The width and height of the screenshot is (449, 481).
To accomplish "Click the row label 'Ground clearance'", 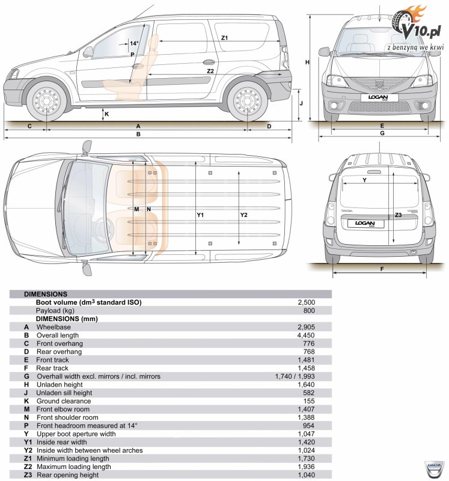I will click(64, 401).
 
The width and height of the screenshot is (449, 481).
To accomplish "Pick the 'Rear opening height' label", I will click(67, 476).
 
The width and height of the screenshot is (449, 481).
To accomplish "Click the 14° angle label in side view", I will click(134, 43).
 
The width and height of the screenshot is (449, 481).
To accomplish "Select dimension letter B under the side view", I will click(138, 135).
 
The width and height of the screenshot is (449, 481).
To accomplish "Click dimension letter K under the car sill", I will click(107, 114).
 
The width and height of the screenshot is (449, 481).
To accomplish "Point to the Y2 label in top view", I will click(243, 215).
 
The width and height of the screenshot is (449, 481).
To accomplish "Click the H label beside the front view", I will click(307, 62).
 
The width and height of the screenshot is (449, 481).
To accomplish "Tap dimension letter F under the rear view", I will click(382, 269).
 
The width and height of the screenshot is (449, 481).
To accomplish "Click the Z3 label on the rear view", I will click(398, 215).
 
